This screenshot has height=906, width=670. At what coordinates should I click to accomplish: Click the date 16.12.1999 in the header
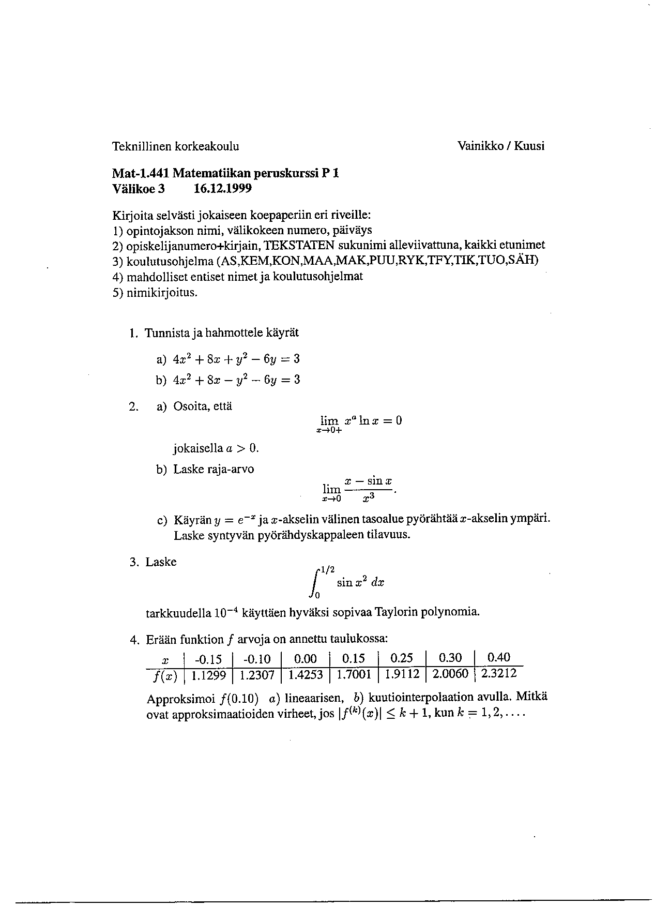click(222, 189)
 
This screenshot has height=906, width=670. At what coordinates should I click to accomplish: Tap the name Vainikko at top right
click(480, 146)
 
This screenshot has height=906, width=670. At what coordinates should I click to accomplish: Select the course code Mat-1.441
click(140, 174)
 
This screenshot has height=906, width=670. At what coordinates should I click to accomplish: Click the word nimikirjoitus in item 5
click(162, 293)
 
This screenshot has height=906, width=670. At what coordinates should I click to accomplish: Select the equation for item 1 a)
click(236, 359)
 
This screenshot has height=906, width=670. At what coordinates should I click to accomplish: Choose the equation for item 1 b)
click(236, 380)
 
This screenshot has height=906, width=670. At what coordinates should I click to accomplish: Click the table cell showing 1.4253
click(305, 675)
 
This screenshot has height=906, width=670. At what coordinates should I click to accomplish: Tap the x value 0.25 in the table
click(402, 658)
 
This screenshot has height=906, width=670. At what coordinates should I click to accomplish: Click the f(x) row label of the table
click(164, 676)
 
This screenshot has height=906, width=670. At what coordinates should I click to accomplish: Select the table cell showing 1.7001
click(354, 675)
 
